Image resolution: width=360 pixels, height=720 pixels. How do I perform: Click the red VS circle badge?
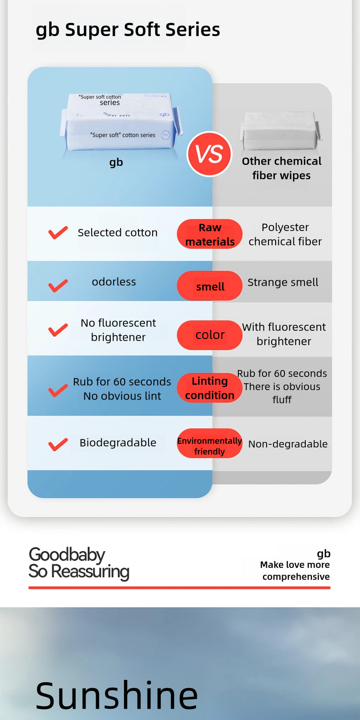pos(210,154)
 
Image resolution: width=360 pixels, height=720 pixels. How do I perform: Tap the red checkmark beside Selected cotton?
pos(58,233)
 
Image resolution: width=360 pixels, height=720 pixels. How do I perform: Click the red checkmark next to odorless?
pos(58,286)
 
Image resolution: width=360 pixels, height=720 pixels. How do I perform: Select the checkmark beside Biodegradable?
pos(58,444)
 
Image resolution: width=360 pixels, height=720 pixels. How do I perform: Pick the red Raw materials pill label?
pos(210,234)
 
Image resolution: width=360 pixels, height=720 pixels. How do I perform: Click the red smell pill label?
pos(210,286)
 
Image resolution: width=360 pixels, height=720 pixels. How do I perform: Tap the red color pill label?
pos(210,335)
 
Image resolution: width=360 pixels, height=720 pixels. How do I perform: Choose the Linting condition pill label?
pos(210,388)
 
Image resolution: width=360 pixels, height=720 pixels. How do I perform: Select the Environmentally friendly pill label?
pos(210,446)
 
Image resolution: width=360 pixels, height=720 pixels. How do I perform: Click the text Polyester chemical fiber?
pos(285,234)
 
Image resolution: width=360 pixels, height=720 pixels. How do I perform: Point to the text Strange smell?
pos(283,283)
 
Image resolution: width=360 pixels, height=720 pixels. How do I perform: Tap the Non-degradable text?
pos(288,444)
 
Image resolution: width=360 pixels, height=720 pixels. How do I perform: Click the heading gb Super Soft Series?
pos(128,30)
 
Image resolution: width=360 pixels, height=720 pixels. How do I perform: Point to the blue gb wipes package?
pos(121,122)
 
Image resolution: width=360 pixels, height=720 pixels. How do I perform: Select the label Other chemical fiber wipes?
pos(282,168)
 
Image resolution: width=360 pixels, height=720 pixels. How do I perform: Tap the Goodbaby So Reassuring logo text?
pos(79,563)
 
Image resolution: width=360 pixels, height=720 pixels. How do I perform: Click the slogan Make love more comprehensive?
pos(295,571)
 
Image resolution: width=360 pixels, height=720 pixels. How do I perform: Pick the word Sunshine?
pos(117,695)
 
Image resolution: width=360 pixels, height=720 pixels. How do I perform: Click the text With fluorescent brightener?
pos(284,334)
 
